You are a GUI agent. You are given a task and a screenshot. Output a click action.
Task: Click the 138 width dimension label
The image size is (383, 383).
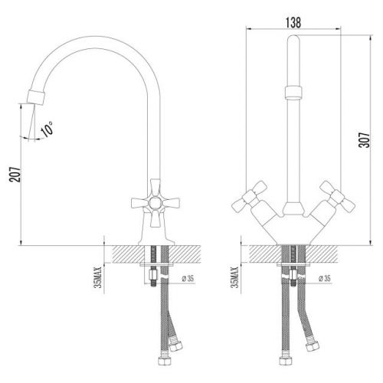tap(293, 22)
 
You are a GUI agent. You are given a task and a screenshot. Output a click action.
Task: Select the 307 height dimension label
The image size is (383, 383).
tap(364, 140)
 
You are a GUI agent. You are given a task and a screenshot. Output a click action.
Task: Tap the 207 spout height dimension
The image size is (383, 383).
tap(15, 175)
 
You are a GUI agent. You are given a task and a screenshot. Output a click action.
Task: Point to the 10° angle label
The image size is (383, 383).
tap(47, 129)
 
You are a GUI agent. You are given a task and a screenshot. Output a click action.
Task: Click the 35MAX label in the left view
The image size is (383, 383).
tap(98, 277)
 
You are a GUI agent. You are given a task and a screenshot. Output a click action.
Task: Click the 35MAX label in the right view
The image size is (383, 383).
tap(234, 277)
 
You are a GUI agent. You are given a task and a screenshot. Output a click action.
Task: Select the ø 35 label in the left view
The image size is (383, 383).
tap(188, 278)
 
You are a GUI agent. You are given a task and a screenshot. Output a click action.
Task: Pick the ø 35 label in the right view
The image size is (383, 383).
tap(325, 278)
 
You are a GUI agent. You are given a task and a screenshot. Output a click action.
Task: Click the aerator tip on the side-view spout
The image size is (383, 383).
tap(36, 97)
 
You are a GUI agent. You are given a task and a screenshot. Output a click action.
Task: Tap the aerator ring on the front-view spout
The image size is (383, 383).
tap(293, 93)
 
